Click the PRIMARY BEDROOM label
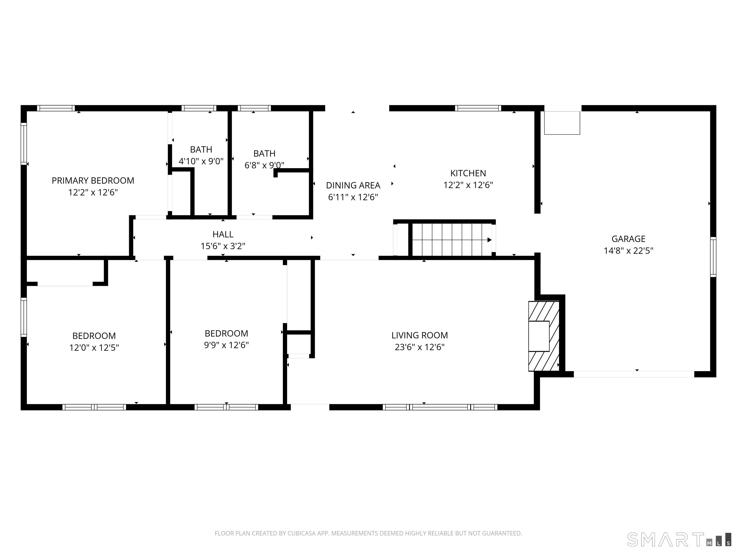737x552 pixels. (x=93, y=181)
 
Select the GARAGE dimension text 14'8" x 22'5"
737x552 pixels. (x=628, y=251)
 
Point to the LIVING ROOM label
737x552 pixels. (x=419, y=335)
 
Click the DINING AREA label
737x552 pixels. (x=353, y=185)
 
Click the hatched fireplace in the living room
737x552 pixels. (x=544, y=336)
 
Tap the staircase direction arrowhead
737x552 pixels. (x=489, y=240)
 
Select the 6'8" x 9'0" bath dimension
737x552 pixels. (x=264, y=165)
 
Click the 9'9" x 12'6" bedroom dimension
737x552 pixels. (x=226, y=345)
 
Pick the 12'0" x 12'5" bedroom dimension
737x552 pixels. (x=94, y=348)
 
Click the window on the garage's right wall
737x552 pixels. (x=713, y=257)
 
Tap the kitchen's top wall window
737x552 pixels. (x=478, y=108)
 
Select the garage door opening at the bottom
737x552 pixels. (x=634, y=374)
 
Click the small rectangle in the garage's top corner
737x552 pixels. (x=562, y=123)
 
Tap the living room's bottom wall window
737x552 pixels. (x=440, y=407)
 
